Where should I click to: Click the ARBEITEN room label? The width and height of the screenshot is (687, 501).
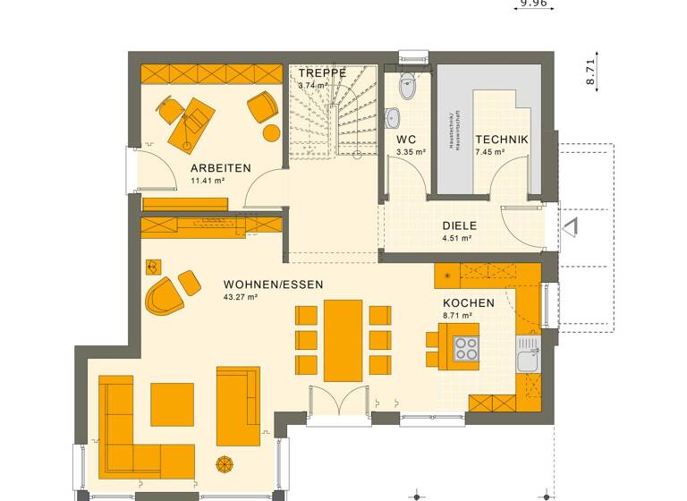point(220,168)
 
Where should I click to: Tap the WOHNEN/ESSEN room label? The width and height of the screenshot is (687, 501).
point(273,284)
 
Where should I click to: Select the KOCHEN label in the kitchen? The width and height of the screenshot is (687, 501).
point(469,303)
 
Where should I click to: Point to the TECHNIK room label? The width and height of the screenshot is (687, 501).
point(502,140)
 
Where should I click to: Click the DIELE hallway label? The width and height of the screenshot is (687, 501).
point(460,226)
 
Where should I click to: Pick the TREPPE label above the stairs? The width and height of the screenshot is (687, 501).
point(323,72)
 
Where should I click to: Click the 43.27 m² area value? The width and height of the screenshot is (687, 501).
point(241,297)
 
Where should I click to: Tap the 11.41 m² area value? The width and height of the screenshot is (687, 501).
point(207,181)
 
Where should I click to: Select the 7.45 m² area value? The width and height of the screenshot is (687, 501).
point(490,153)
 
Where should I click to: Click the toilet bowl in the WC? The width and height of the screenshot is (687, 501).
point(408,87)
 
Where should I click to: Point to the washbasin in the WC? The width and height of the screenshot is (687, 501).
point(393,117)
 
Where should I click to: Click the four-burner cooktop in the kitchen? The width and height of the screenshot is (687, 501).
point(465,347)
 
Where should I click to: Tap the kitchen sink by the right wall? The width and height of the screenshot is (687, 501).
point(528,360)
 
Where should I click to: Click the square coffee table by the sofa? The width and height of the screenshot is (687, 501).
point(172,404)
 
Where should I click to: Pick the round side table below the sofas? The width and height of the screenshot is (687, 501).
point(225,464)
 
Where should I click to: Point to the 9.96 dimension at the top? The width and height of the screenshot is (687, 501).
point(533,3)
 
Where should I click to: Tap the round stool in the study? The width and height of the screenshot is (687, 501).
point(270,132)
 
